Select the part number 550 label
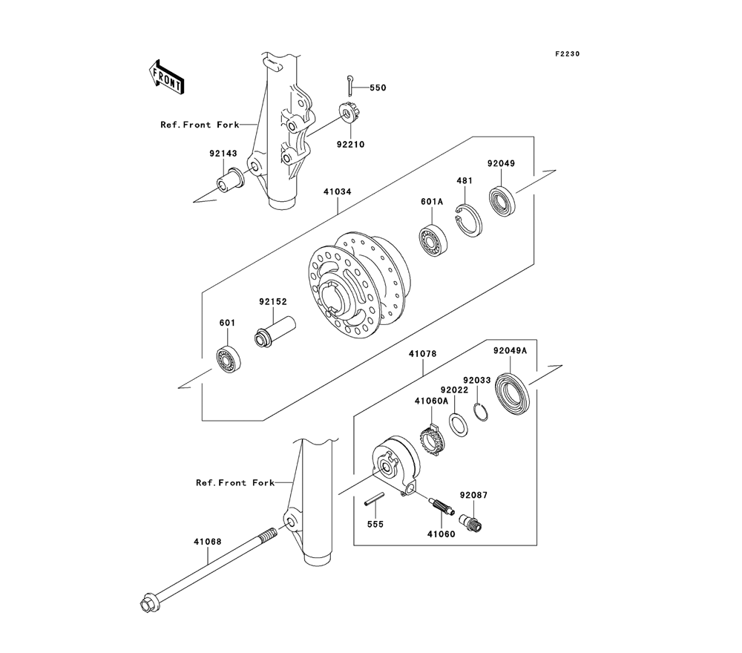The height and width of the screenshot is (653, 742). coord(378,88)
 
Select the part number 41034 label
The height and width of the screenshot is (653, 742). coord(337,191)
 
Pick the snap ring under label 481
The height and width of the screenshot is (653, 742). coord(469,219)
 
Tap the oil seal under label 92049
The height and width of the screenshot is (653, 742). coord(505,200)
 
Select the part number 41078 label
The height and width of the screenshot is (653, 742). coord(421,355)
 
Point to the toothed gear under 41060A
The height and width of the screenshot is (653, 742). coord(433,442)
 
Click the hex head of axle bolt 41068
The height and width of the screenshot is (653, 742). coord(148,604)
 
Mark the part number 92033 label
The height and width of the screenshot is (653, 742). coord(477,379)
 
